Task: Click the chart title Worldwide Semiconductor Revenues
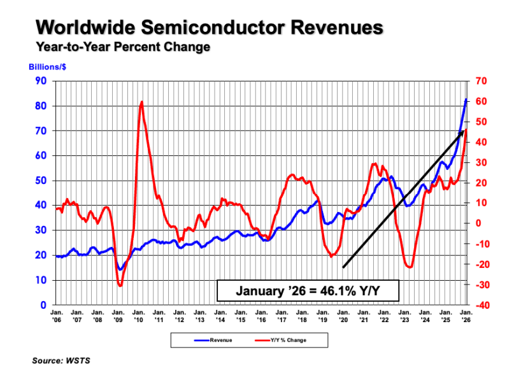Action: (x=210, y=28)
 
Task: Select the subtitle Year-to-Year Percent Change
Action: (x=123, y=47)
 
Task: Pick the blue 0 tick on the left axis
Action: (x=45, y=305)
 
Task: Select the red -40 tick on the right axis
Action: (x=482, y=305)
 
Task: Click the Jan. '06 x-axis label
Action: (x=57, y=316)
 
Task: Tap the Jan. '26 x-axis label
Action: (x=467, y=316)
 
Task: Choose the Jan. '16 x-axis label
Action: (x=262, y=316)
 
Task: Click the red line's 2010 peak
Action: (x=141, y=102)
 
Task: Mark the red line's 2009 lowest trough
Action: (x=120, y=286)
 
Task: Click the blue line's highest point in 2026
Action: (x=466, y=99)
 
